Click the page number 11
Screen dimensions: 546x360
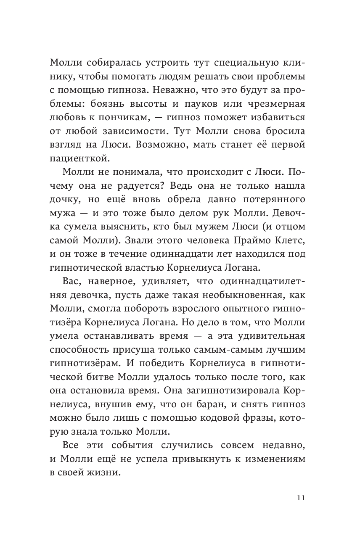click(299, 498)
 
